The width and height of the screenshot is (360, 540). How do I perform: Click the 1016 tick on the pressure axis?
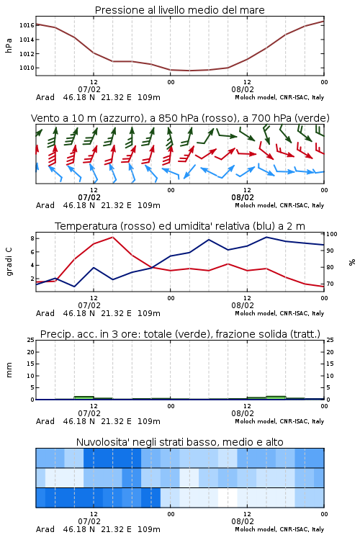click(x=27, y=25)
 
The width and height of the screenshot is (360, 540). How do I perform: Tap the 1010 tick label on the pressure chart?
click(x=27, y=68)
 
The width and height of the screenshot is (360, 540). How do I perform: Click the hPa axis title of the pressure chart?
click(x=9, y=45)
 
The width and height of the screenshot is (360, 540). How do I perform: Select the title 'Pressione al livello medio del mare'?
click(x=180, y=10)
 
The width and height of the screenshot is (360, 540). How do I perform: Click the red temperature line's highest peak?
click(x=112, y=237)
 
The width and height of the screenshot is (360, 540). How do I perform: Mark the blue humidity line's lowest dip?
click(x=74, y=287)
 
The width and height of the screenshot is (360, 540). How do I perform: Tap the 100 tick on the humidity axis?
click(x=332, y=234)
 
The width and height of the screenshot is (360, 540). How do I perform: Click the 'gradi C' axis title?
click(x=9, y=262)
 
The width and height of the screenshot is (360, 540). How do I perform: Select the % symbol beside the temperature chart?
click(x=352, y=262)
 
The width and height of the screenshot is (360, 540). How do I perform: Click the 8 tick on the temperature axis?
click(x=32, y=238)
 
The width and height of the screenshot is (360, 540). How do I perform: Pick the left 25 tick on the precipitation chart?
click(x=31, y=341)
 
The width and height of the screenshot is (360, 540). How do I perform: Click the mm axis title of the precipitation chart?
click(x=9, y=370)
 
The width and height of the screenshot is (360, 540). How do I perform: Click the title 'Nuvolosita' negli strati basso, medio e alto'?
click(x=180, y=442)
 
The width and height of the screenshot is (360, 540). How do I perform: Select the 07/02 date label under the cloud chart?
click(x=89, y=521)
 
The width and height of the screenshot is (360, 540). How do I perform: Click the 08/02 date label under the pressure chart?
click(x=243, y=89)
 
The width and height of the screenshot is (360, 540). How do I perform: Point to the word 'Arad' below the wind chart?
click(x=45, y=205)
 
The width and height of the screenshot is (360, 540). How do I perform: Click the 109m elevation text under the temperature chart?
click(x=149, y=313)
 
